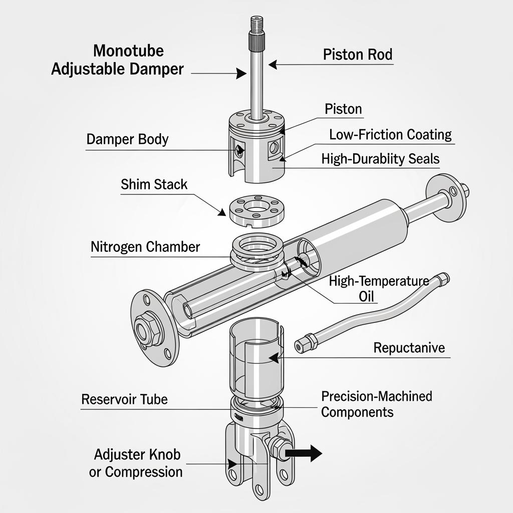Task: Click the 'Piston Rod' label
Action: tap(357, 55)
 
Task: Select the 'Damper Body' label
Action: tap(127, 139)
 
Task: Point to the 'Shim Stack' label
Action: tap(154, 184)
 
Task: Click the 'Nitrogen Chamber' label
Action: tap(145, 247)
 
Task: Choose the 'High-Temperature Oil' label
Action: tap(378, 289)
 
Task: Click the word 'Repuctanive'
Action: tap(409, 348)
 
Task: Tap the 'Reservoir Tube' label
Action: tap(124, 400)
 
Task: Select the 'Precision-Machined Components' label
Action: tap(376, 404)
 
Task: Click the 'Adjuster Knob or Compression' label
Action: tap(136, 463)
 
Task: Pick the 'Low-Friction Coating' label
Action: tap(390, 135)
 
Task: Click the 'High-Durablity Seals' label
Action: tap(380, 159)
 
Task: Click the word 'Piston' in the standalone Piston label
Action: tap(343, 109)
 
